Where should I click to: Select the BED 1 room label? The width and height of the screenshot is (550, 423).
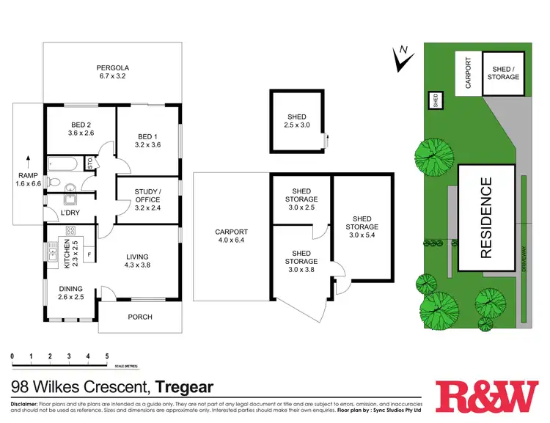point(148,139)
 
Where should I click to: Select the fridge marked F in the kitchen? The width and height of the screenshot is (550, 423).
point(89,255)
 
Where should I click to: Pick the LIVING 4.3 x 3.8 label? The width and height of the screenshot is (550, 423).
point(138,260)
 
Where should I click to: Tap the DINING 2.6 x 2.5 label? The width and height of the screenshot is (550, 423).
point(71,293)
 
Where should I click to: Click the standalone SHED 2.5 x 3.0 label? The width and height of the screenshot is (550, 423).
point(296,121)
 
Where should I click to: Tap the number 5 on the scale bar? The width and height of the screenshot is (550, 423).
point(107,356)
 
